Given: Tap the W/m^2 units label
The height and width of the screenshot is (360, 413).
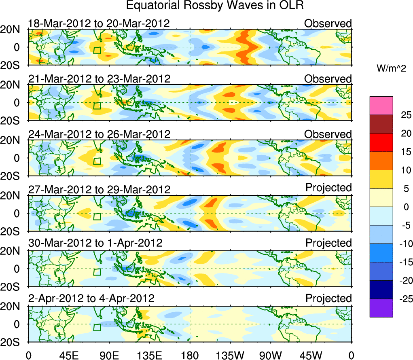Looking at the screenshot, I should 391,69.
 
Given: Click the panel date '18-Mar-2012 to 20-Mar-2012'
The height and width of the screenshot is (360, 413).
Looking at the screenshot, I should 99,23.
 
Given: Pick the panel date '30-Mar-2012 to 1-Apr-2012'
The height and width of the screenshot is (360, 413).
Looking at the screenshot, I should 95,243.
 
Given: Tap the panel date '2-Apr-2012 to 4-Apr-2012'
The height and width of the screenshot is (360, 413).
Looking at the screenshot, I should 91,299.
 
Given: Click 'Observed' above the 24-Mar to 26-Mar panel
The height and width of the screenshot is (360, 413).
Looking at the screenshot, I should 328,134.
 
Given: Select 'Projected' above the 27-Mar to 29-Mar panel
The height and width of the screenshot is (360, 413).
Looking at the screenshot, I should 328,188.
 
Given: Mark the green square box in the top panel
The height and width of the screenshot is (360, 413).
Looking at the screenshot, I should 97,50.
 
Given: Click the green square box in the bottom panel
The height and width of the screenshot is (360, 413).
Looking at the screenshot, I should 97,327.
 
